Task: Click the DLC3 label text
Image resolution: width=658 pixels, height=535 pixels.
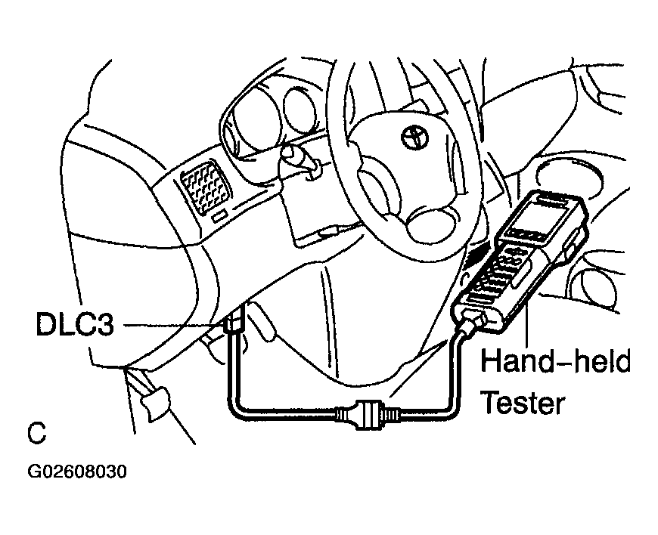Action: pyautogui.click(x=75, y=324)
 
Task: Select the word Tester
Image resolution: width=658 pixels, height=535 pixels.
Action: pyautogui.click(x=523, y=402)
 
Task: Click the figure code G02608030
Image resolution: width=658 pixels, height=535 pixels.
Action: pyautogui.click(x=77, y=472)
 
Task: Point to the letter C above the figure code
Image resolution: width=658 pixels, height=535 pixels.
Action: pyautogui.click(x=36, y=434)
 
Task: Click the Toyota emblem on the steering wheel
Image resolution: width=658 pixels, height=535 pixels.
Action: pyautogui.click(x=415, y=137)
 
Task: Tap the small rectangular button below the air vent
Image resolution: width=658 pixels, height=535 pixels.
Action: pyautogui.click(x=219, y=216)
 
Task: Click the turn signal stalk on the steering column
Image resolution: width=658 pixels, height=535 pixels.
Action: pyautogui.click(x=296, y=162)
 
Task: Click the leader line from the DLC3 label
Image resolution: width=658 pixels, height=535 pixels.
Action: pyautogui.click(x=170, y=325)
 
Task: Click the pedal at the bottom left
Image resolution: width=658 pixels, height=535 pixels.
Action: pyautogui.click(x=156, y=402)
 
